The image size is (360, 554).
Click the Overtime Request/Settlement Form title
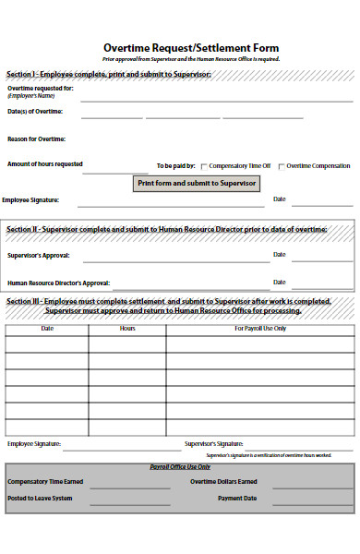coord(190,48)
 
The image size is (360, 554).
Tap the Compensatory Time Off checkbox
coord(204,166)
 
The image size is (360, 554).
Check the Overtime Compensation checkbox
coord(282,166)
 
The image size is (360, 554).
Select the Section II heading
coord(167,228)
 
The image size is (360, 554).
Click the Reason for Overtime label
coord(36,138)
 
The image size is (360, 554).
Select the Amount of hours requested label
coord(45,164)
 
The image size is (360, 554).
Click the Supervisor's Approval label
coord(38,255)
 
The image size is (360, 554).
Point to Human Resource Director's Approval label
coord(59,283)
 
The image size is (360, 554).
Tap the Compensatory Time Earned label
coord(45,481)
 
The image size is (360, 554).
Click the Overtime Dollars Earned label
coord(223,481)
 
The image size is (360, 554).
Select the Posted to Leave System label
coord(40,498)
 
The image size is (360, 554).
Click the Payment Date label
coord(237,498)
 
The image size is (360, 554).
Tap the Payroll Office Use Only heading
coord(180,467)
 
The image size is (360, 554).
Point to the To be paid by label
coord(175,166)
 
